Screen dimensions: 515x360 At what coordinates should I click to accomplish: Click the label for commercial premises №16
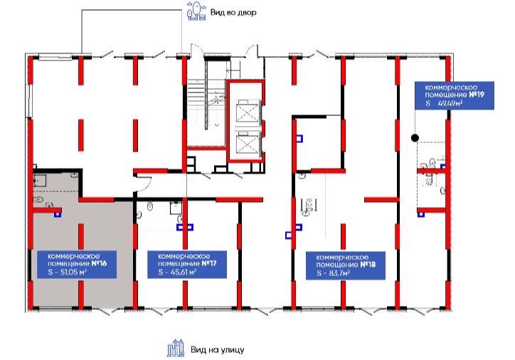(x=77, y=265)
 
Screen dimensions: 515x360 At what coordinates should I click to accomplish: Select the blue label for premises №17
(x=187, y=265)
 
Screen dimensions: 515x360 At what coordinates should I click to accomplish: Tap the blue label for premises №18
(x=346, y=265)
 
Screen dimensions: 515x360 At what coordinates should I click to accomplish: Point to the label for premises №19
(x=455, y=95)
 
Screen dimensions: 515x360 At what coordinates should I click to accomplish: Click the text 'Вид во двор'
(x=233, y=13)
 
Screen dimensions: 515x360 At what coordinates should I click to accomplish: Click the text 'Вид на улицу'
(x=218, y=349)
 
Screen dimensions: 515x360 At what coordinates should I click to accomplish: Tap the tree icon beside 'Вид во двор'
(x=196, y=11)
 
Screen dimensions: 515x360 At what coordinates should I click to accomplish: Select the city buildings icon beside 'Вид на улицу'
(x=176, y=348)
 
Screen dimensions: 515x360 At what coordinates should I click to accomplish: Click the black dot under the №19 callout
(x=415, y=138)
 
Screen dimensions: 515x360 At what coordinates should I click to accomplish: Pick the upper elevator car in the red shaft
(x=245, y=111)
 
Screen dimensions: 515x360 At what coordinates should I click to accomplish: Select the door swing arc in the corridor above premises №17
(x=144, y=184)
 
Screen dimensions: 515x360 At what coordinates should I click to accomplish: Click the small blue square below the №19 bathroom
(x=420, y=215)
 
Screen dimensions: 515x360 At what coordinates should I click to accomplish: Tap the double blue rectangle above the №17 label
(x=185, y=227)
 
